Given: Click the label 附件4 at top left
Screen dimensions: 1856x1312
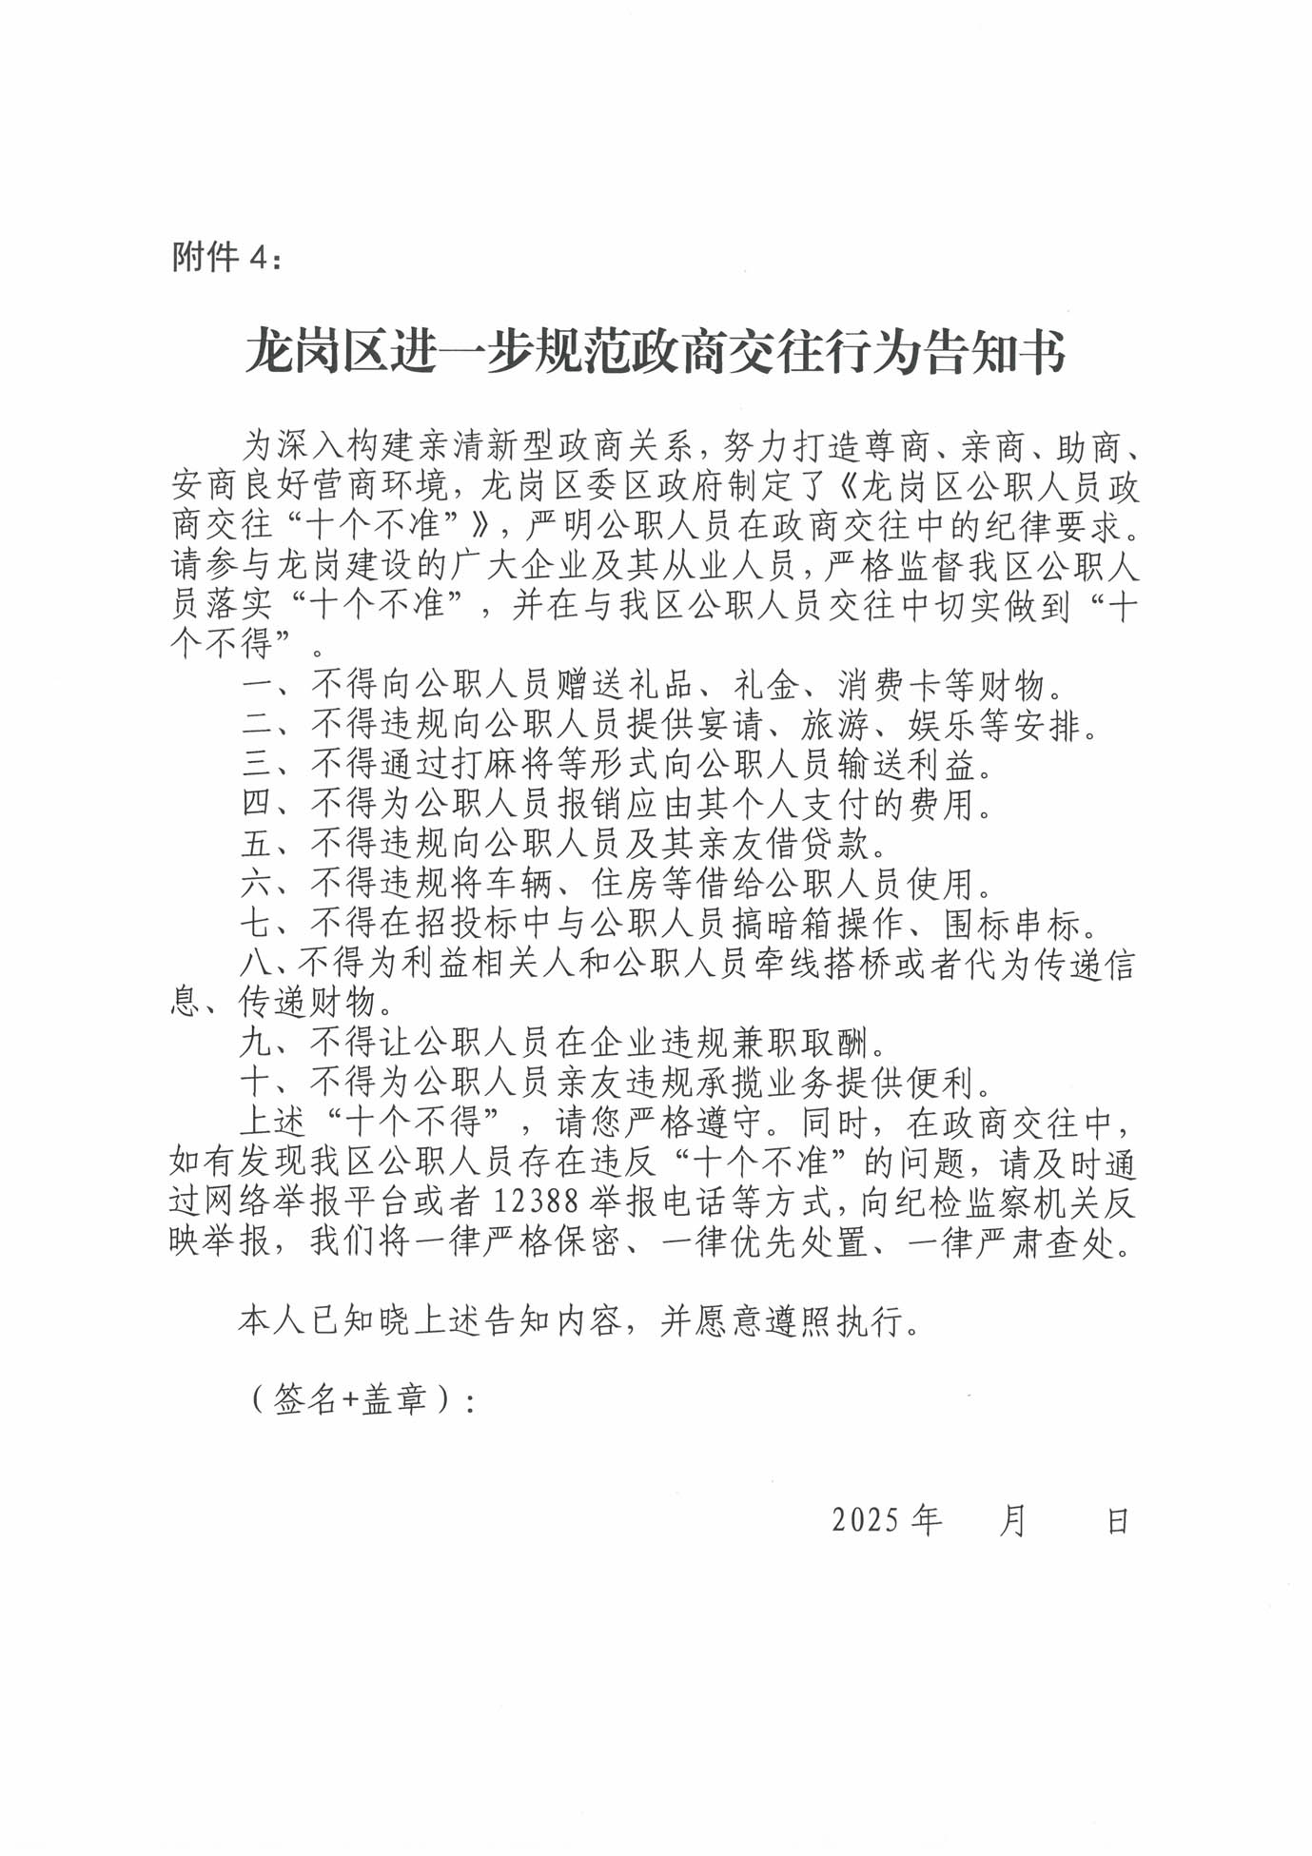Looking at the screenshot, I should (x=226, y=257).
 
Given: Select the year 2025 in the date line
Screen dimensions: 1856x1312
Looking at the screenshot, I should (x=866, y=1520).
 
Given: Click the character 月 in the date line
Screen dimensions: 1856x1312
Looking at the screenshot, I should (x=1012, y=1520).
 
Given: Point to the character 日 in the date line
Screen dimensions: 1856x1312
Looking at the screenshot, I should (x=1117, y=1520).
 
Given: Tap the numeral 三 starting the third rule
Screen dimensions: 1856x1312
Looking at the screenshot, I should (x=257, y=765).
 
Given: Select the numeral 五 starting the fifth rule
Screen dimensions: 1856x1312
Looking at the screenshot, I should (x=257, y=845).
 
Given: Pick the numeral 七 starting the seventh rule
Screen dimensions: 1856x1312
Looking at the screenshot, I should (x=257, y=924).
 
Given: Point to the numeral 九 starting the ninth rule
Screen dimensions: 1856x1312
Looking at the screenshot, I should (x=257, y=1044).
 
